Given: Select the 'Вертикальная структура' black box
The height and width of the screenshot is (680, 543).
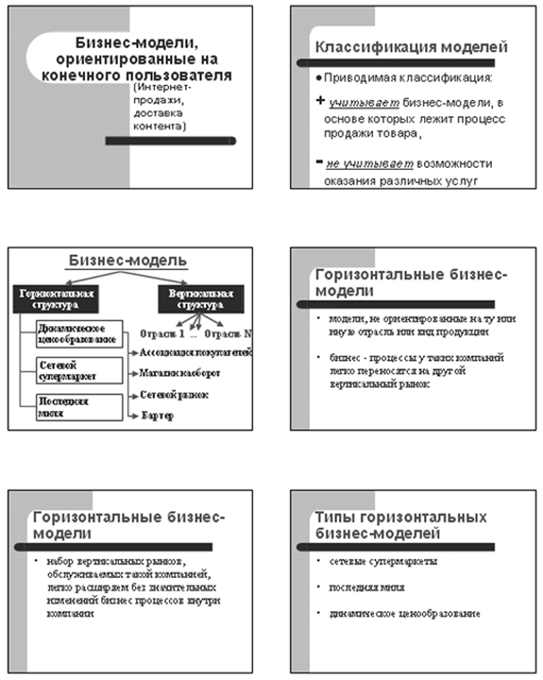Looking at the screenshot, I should coord(194,298).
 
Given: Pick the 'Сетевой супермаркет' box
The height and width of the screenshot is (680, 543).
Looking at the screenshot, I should coord(78,371).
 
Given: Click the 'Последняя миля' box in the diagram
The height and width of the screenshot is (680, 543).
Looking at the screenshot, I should coord(78,407).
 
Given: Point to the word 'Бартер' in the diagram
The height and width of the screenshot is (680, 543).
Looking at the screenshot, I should coord(157,416).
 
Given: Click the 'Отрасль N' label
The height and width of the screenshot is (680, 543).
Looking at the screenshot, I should coord(227,333).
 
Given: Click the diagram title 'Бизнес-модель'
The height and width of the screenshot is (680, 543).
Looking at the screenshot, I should coord(129,260).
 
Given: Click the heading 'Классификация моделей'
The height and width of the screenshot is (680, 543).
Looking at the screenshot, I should coord(412,47).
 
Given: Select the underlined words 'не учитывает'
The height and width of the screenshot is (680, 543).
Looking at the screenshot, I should coord(358,164).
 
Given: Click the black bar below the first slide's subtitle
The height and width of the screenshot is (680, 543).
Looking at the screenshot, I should coord(170,140).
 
